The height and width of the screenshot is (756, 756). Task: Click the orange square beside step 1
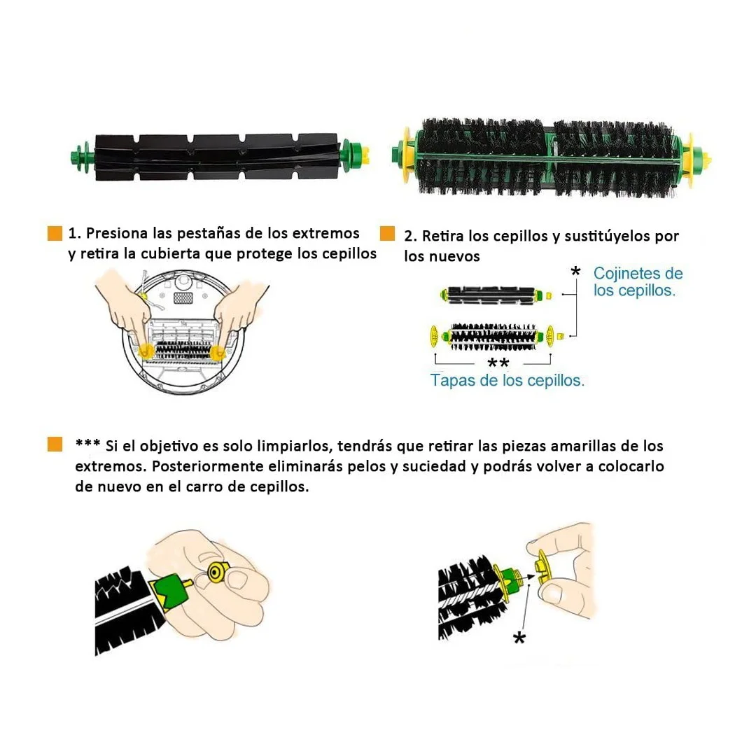coord(55,234)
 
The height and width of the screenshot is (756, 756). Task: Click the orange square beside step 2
coord(387,234)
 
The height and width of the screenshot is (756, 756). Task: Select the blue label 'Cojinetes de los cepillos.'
coord(638,281)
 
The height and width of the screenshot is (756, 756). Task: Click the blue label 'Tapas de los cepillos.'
coord(507,380)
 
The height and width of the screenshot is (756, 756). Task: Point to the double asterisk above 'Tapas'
coord(498,363)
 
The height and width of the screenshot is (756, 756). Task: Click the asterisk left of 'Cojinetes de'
coord(575,272)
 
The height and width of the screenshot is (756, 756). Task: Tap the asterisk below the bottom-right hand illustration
coord(519,638)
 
